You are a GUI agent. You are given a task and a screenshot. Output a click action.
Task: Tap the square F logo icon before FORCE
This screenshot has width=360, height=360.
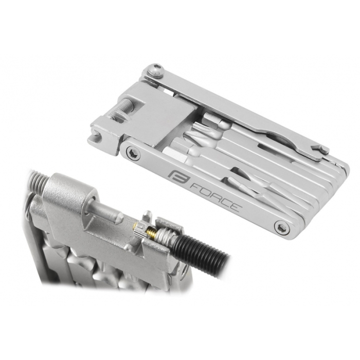click(178, 176)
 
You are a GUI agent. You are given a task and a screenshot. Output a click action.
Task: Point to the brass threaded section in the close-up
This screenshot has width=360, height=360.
click(152, 230)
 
